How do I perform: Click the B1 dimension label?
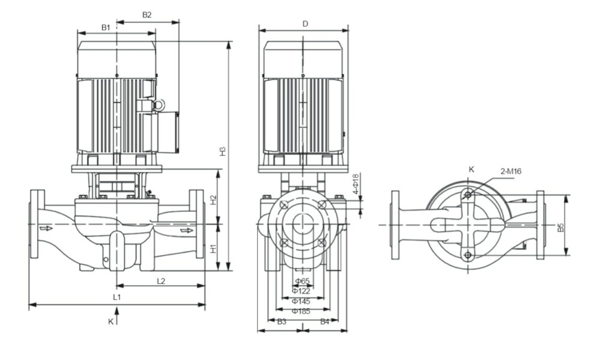tap(106, 28)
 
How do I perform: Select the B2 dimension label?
tap(147, 15)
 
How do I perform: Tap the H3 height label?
tap(223, 151)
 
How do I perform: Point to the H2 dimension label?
tap(214, 200)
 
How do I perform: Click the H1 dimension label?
tap(214, 248)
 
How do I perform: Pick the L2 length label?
tap(161, 281)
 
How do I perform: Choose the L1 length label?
tap(117, 297)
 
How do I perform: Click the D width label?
tap(305, 24)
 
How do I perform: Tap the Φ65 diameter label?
tap(302, 281)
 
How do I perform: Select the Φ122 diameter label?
tap(301, 291)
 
